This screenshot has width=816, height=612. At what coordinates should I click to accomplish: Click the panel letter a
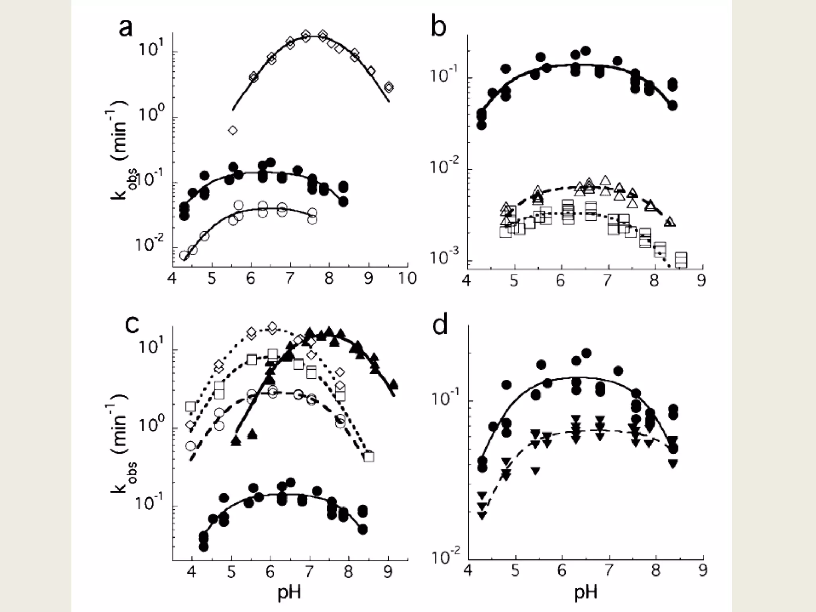(126, 29)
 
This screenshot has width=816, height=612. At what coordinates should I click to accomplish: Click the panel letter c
(132, 324)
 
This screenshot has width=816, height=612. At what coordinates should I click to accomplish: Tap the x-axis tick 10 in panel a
(407, 278)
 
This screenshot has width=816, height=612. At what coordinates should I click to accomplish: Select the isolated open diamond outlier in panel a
(233, 130)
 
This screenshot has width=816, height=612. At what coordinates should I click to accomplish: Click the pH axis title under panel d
(586, 592)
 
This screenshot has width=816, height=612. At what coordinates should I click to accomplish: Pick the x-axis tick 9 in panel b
(701, 281)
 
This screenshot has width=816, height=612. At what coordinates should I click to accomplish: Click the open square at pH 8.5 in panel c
(369, 457)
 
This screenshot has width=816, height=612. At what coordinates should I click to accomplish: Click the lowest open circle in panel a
(184, 255)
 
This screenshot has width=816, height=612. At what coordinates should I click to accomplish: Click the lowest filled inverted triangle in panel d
(483, 516)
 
